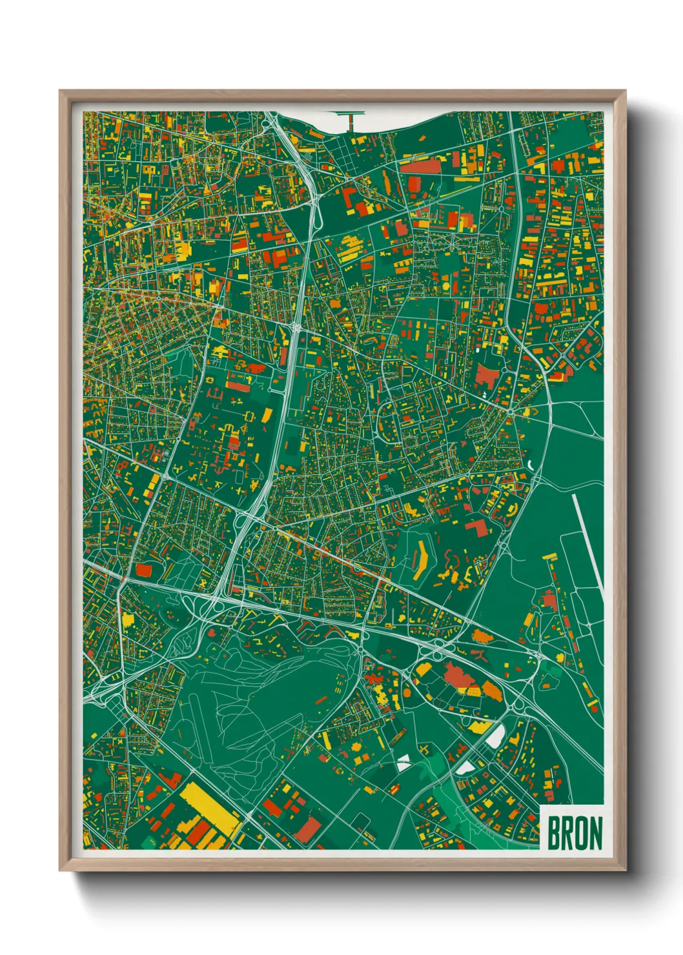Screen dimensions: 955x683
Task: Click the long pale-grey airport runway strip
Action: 587,542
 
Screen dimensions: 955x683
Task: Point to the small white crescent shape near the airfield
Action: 529,464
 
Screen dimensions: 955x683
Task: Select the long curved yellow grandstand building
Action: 420,559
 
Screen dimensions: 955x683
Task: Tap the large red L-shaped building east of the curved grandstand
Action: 478,528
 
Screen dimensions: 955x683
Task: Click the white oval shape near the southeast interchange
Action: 495,736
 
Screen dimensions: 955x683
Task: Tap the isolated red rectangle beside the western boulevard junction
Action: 144,570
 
